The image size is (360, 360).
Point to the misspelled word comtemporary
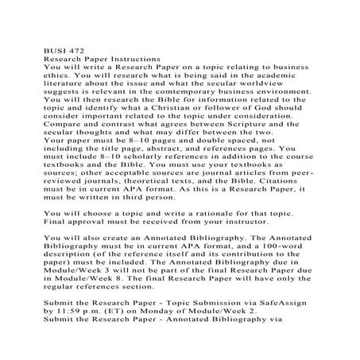[x=206, y=93]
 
